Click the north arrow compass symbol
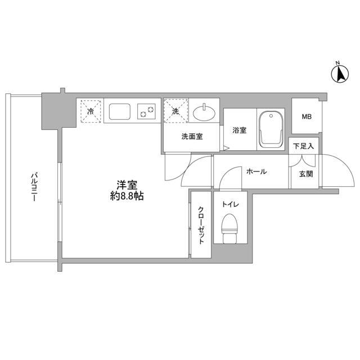coord(340,73)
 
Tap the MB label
coord(306,117)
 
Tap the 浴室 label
coord(240,131)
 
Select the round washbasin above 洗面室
coord(204,112)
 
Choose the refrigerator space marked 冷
coord(90,110)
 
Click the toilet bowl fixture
coord(229,228)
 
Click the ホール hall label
coord(256,172)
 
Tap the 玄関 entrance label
coord(304,173)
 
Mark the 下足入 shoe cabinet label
coord(304,146)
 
